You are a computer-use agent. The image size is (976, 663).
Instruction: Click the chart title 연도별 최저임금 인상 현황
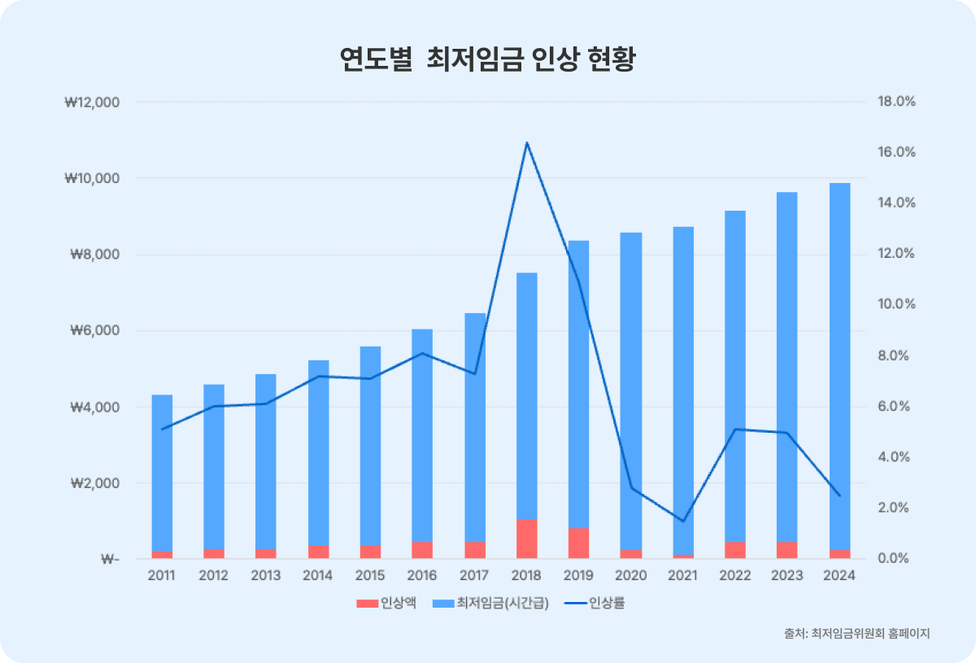[487, 60]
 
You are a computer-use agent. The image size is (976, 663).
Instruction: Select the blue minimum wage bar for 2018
[526, 390]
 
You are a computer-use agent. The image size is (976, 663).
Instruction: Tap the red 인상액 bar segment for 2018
[526, 539]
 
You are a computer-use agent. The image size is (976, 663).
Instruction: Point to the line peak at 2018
[527, 143]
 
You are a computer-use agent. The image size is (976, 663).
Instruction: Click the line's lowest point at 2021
[683, 521]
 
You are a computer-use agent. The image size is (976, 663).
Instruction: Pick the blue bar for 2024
[839, 366]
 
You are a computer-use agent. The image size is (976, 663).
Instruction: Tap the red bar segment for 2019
[578, 543]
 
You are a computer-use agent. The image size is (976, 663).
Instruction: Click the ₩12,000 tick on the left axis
[91, 103]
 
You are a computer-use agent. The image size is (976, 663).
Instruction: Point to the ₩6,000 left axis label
[93, 331]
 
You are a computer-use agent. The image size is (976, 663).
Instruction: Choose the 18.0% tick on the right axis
[896, 103]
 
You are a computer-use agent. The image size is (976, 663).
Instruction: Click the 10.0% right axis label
[896, 304]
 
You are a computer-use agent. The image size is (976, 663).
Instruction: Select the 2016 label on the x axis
[422, 576]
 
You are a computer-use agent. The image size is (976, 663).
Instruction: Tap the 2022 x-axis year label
[735, 576]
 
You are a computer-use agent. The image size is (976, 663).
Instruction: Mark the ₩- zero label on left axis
[110, 560]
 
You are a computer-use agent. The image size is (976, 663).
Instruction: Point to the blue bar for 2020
[631, 390]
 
